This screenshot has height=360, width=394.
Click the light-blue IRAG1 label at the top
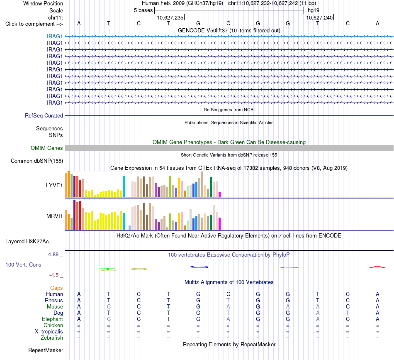point(54,36)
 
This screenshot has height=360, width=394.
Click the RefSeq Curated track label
point(44,116)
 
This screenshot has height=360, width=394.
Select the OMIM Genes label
point(47,148)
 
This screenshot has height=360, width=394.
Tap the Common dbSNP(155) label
point(37,161)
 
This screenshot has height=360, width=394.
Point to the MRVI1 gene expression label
point(54,216)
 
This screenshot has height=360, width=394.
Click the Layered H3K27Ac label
point(27,242)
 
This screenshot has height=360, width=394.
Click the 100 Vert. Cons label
point(23,264)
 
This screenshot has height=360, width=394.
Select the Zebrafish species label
point(52,338)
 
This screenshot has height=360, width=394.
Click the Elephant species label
point(52,319)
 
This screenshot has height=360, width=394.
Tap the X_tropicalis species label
point(49,332)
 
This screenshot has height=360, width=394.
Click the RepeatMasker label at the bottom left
point(46,350)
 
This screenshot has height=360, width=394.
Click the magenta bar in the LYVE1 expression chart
point(220,194)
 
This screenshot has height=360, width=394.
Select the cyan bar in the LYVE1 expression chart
point(124,186)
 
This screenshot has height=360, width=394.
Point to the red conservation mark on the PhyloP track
point(377,267)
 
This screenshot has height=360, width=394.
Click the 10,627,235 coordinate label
point(170,17)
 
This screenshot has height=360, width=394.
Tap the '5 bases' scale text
point(143,10)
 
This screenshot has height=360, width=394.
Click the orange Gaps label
point(56,288)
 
